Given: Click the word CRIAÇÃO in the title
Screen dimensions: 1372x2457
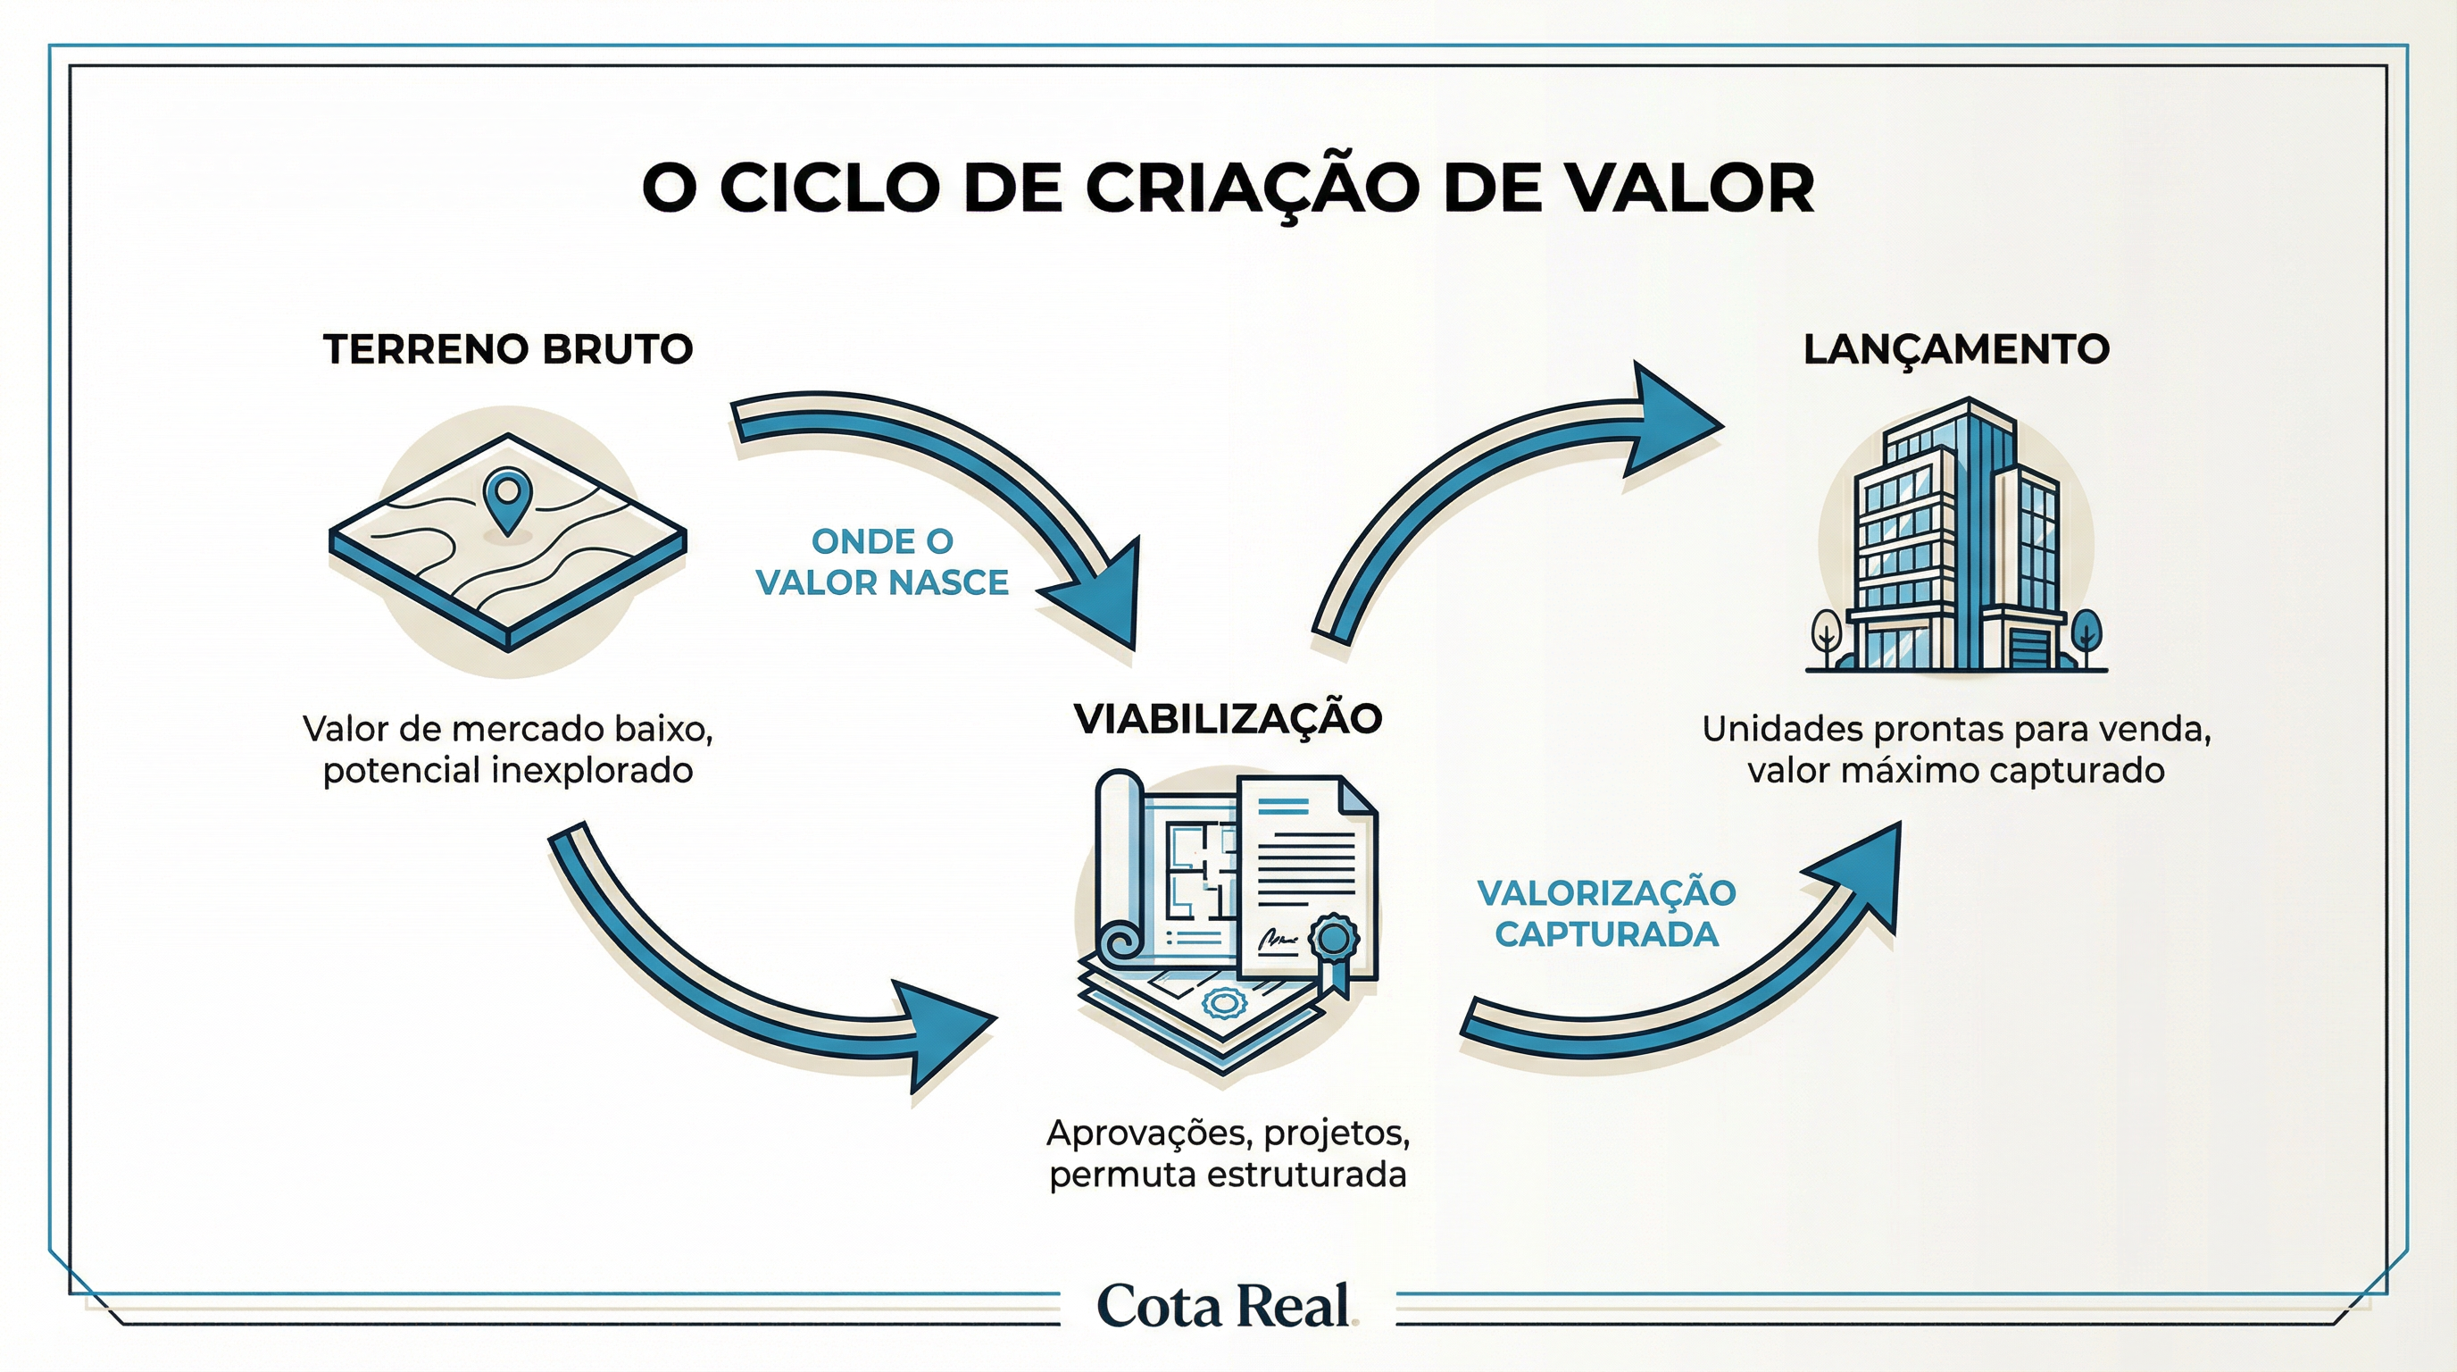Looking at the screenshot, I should (x=1250, y=188).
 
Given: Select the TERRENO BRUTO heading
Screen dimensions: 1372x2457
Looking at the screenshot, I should (x=507, y=349).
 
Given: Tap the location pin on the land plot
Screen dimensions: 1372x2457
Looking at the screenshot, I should (x=505, y=494).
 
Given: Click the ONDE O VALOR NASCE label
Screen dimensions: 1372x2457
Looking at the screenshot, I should (x=881, y=562).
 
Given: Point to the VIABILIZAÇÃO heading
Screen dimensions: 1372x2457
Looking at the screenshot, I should (x=1228, y=718).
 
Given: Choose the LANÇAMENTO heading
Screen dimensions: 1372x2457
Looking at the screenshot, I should (x=1956, y=349).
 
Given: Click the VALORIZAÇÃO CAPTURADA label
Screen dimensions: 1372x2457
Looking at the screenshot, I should (x=1606, y=913).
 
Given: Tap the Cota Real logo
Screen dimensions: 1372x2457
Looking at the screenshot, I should (x=1226, y=1305).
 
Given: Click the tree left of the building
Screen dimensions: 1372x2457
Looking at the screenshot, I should (x=1828, y=635).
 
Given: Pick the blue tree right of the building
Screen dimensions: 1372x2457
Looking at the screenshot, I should (x=2085, y=633).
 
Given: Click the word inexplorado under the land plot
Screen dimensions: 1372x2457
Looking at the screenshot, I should (x=591, y=770).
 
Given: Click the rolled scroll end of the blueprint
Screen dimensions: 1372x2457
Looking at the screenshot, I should (x=1121, y=944).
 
